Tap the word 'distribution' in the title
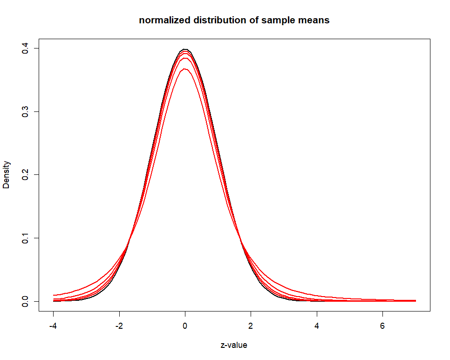211,21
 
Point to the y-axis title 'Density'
7,175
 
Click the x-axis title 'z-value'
234,346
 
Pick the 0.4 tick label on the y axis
25,48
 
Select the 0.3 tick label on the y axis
25,111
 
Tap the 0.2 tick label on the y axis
25,175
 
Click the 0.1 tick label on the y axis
25,238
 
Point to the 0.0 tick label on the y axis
25,301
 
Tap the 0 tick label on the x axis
185,326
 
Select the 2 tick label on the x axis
251,326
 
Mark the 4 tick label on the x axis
317,326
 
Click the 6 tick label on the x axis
383,326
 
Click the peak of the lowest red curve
185,69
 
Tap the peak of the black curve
185,49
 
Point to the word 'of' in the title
248,21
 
